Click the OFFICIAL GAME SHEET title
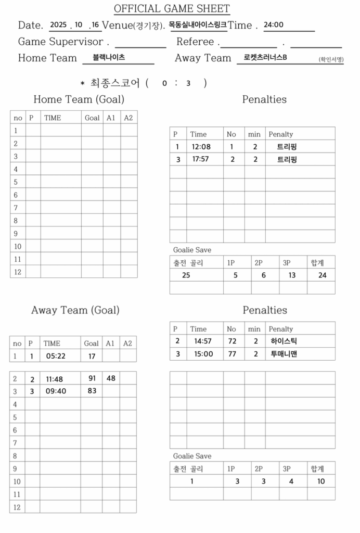tap(172, 9)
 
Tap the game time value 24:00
tap(274, 24)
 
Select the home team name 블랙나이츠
tap(109, 58)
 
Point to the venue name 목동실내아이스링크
tap(198, 24)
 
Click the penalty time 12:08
tap(200, 147)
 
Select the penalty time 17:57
tap(200, 159)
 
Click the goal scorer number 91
tap(92, 378)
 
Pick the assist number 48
tap(111, 378)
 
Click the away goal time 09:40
tap(56, 391)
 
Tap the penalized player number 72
tap(232, 341)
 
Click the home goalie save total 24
tap(322, 275)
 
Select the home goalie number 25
tap(186, 275)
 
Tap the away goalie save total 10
tap(321, 481)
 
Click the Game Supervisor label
tap(60, 42)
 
